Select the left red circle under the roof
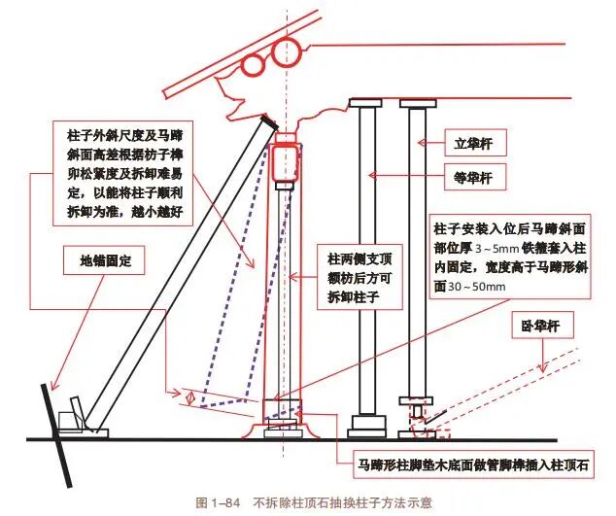pos(255,65)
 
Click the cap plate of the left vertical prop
pos(368,102)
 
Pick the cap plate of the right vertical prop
pos(417,102)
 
